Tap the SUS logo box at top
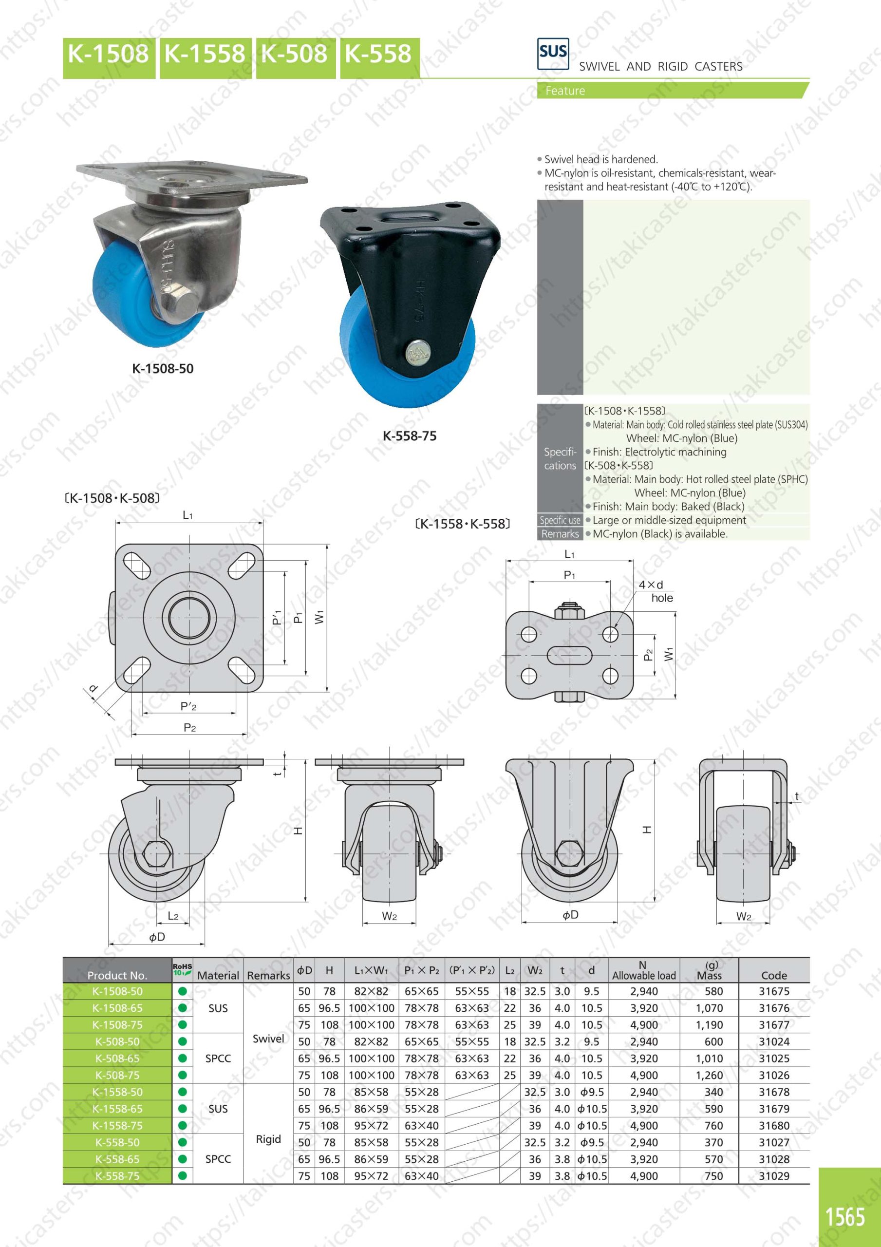(553, 53)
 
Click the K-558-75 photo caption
(410, 435)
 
